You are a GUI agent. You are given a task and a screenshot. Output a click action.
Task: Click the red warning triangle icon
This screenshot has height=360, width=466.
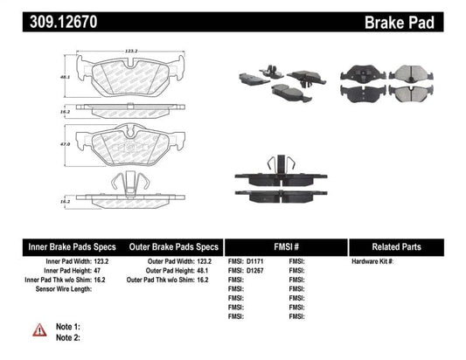pyautogui.click(x=39, y=329)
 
